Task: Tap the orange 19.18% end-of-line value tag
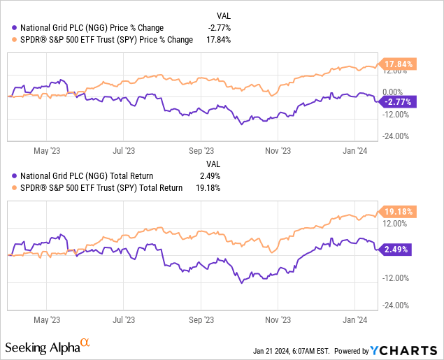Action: (398, 210)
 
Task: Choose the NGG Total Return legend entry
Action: (83, 176)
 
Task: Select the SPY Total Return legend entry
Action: (98, 187)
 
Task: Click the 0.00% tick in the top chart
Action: (392, 92)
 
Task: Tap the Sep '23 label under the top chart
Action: (201, 150)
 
